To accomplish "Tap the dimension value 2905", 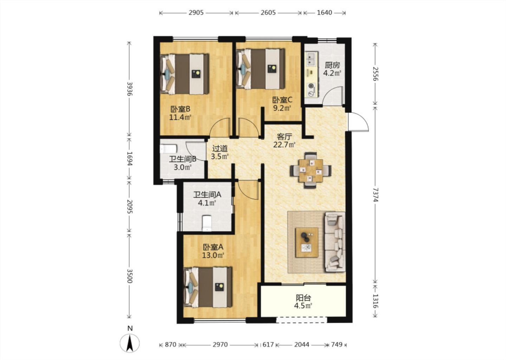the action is click(196, 13).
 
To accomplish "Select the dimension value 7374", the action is click(375, 195).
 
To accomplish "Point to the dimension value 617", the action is click(268, 345).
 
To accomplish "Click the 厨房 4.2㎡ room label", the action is click(332, 69).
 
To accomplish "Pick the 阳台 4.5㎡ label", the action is click(303, 302).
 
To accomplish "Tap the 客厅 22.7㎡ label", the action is click(284, 140).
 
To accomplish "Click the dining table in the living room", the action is click(311, 171).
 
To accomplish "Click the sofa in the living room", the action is click(335, 242).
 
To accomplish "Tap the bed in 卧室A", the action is click(208, 287).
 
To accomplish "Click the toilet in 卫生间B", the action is click(168, 149).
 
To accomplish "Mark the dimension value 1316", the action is click(375, 301).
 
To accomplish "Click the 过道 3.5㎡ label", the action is click(220, 152).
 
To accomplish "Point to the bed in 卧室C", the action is click(260, 69).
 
